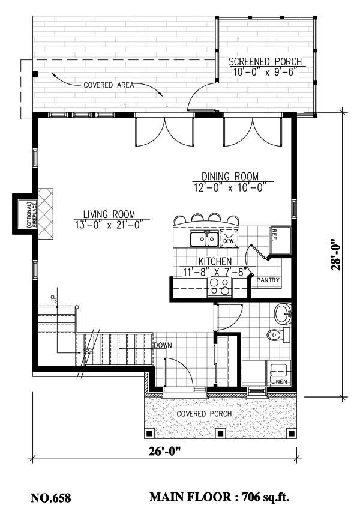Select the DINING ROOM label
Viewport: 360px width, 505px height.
230,177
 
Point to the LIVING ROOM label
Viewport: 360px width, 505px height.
109,214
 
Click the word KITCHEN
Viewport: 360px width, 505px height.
215,261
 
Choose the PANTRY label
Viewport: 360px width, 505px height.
268,280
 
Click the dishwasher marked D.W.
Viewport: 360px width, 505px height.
229,240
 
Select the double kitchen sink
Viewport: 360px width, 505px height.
203,240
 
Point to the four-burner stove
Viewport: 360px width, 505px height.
219,288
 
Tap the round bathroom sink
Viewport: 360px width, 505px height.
283,313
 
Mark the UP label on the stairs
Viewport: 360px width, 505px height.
53,298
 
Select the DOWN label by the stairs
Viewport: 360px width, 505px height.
163,346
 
